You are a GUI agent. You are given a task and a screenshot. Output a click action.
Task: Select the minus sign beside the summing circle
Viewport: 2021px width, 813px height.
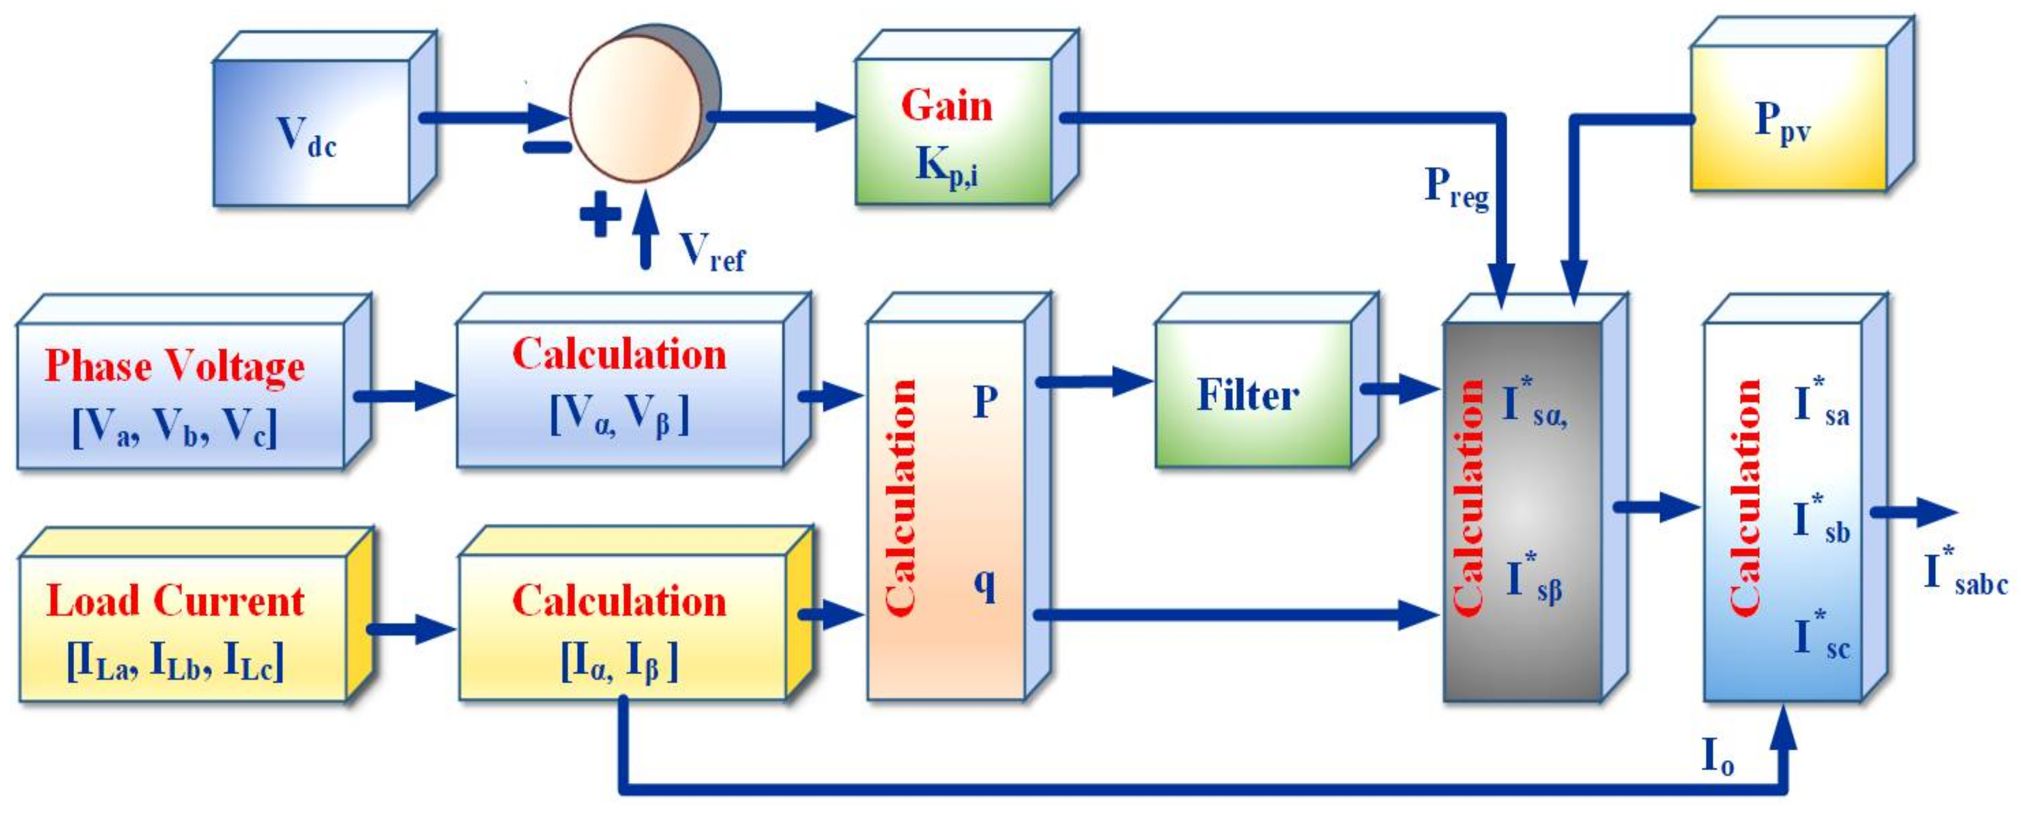click(x=547, y=146)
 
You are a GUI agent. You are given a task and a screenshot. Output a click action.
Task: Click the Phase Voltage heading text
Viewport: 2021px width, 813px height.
click(x=174, y=366)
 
